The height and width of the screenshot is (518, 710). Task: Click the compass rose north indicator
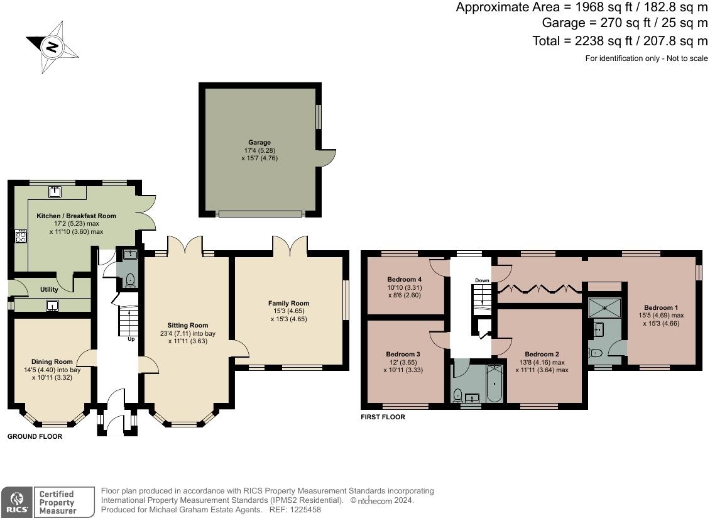coord(52,47)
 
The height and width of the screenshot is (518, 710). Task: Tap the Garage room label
coord(259,142)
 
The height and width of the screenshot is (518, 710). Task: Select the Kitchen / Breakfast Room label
coord(76,216)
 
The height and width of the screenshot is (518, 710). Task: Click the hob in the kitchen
coord(21,236)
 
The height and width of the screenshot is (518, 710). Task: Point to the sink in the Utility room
coord(53,306)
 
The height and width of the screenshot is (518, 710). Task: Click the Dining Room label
coord(52,361)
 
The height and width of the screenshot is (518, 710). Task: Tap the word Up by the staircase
coord(131,339)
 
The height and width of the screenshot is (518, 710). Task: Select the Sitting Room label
coord(187,325)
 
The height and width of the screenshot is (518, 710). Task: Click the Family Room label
coord(288,303)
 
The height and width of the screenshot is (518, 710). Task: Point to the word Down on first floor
coord(483,280)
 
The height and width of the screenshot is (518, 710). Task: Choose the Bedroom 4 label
coord(405,279)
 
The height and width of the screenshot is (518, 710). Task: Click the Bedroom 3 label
coord(403,354)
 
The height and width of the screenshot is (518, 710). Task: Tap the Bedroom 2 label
coord(542,354)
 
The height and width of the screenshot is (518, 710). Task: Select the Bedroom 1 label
coord(661,307)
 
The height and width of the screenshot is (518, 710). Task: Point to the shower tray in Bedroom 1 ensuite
coord(604,307)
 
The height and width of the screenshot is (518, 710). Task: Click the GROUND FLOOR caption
coord(35,436)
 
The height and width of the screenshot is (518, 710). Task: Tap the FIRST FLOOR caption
coord(383,417)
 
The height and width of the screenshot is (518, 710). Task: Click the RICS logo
coord(17,502)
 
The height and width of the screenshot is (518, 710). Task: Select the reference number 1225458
coord(307,509)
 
